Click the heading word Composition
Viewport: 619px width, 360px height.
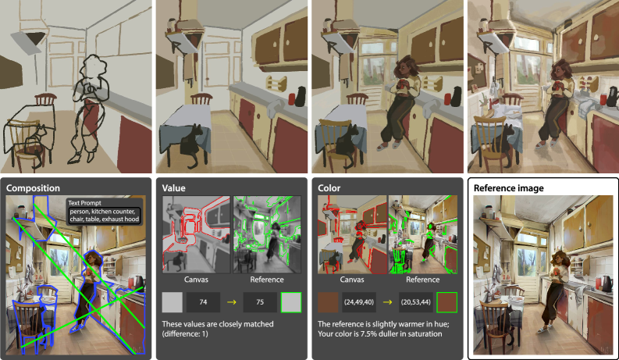33,188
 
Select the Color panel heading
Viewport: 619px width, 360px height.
329,188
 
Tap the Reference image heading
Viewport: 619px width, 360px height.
508,188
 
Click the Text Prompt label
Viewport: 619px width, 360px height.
84,203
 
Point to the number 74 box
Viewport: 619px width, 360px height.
203,302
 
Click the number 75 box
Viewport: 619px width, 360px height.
260,302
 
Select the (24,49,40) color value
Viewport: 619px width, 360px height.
359,302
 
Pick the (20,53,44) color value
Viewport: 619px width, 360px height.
416,302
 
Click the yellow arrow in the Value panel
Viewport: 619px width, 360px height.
232,302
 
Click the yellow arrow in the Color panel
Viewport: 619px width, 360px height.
388,302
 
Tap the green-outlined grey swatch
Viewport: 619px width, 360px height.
291,302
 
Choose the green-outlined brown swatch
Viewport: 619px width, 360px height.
446,302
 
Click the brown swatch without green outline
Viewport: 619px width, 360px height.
328,302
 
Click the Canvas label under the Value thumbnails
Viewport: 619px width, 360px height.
196,280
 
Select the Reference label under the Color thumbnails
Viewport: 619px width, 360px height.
423,280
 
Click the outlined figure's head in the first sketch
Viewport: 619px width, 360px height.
93,66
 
